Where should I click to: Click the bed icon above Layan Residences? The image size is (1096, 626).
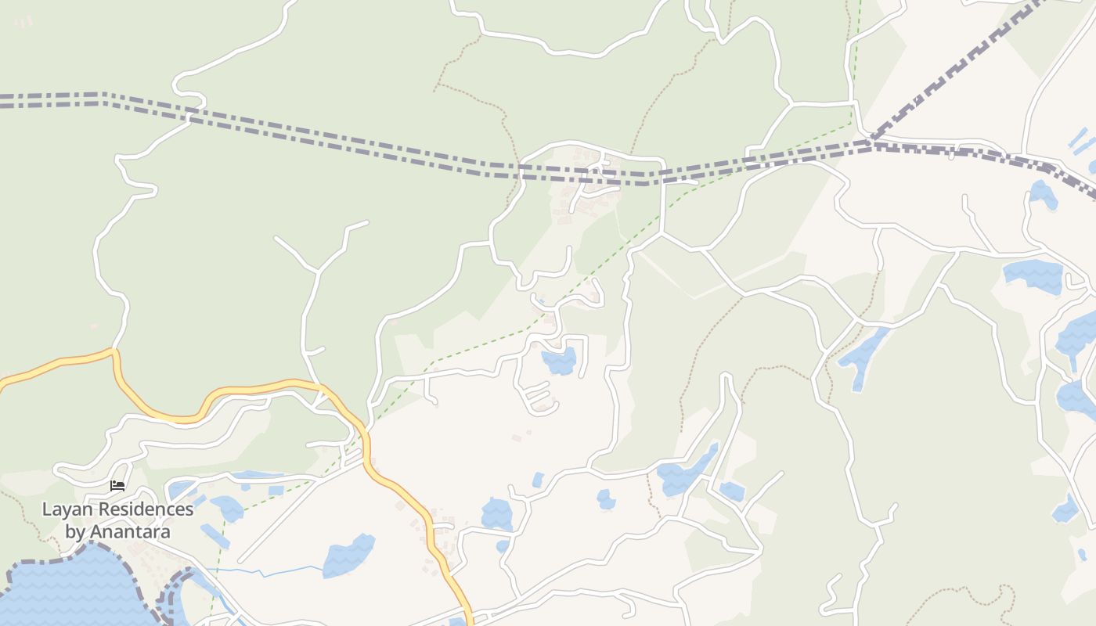pyautogui.click(x=117, y=486)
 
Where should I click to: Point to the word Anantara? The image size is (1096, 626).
pyautogui.click(x=129, y=532)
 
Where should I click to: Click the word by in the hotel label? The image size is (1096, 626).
pyautogui.click(x=75, y=532)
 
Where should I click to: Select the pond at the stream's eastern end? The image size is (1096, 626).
pyautogui.click(x=348, y=555)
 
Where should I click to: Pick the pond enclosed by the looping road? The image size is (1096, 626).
pyautogui.click(x=560, y=361)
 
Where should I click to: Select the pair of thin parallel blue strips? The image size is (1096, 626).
pyautogui.click(x=1082, y=142)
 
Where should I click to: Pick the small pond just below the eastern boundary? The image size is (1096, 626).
pyautogui.click(x=1043, y=193)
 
